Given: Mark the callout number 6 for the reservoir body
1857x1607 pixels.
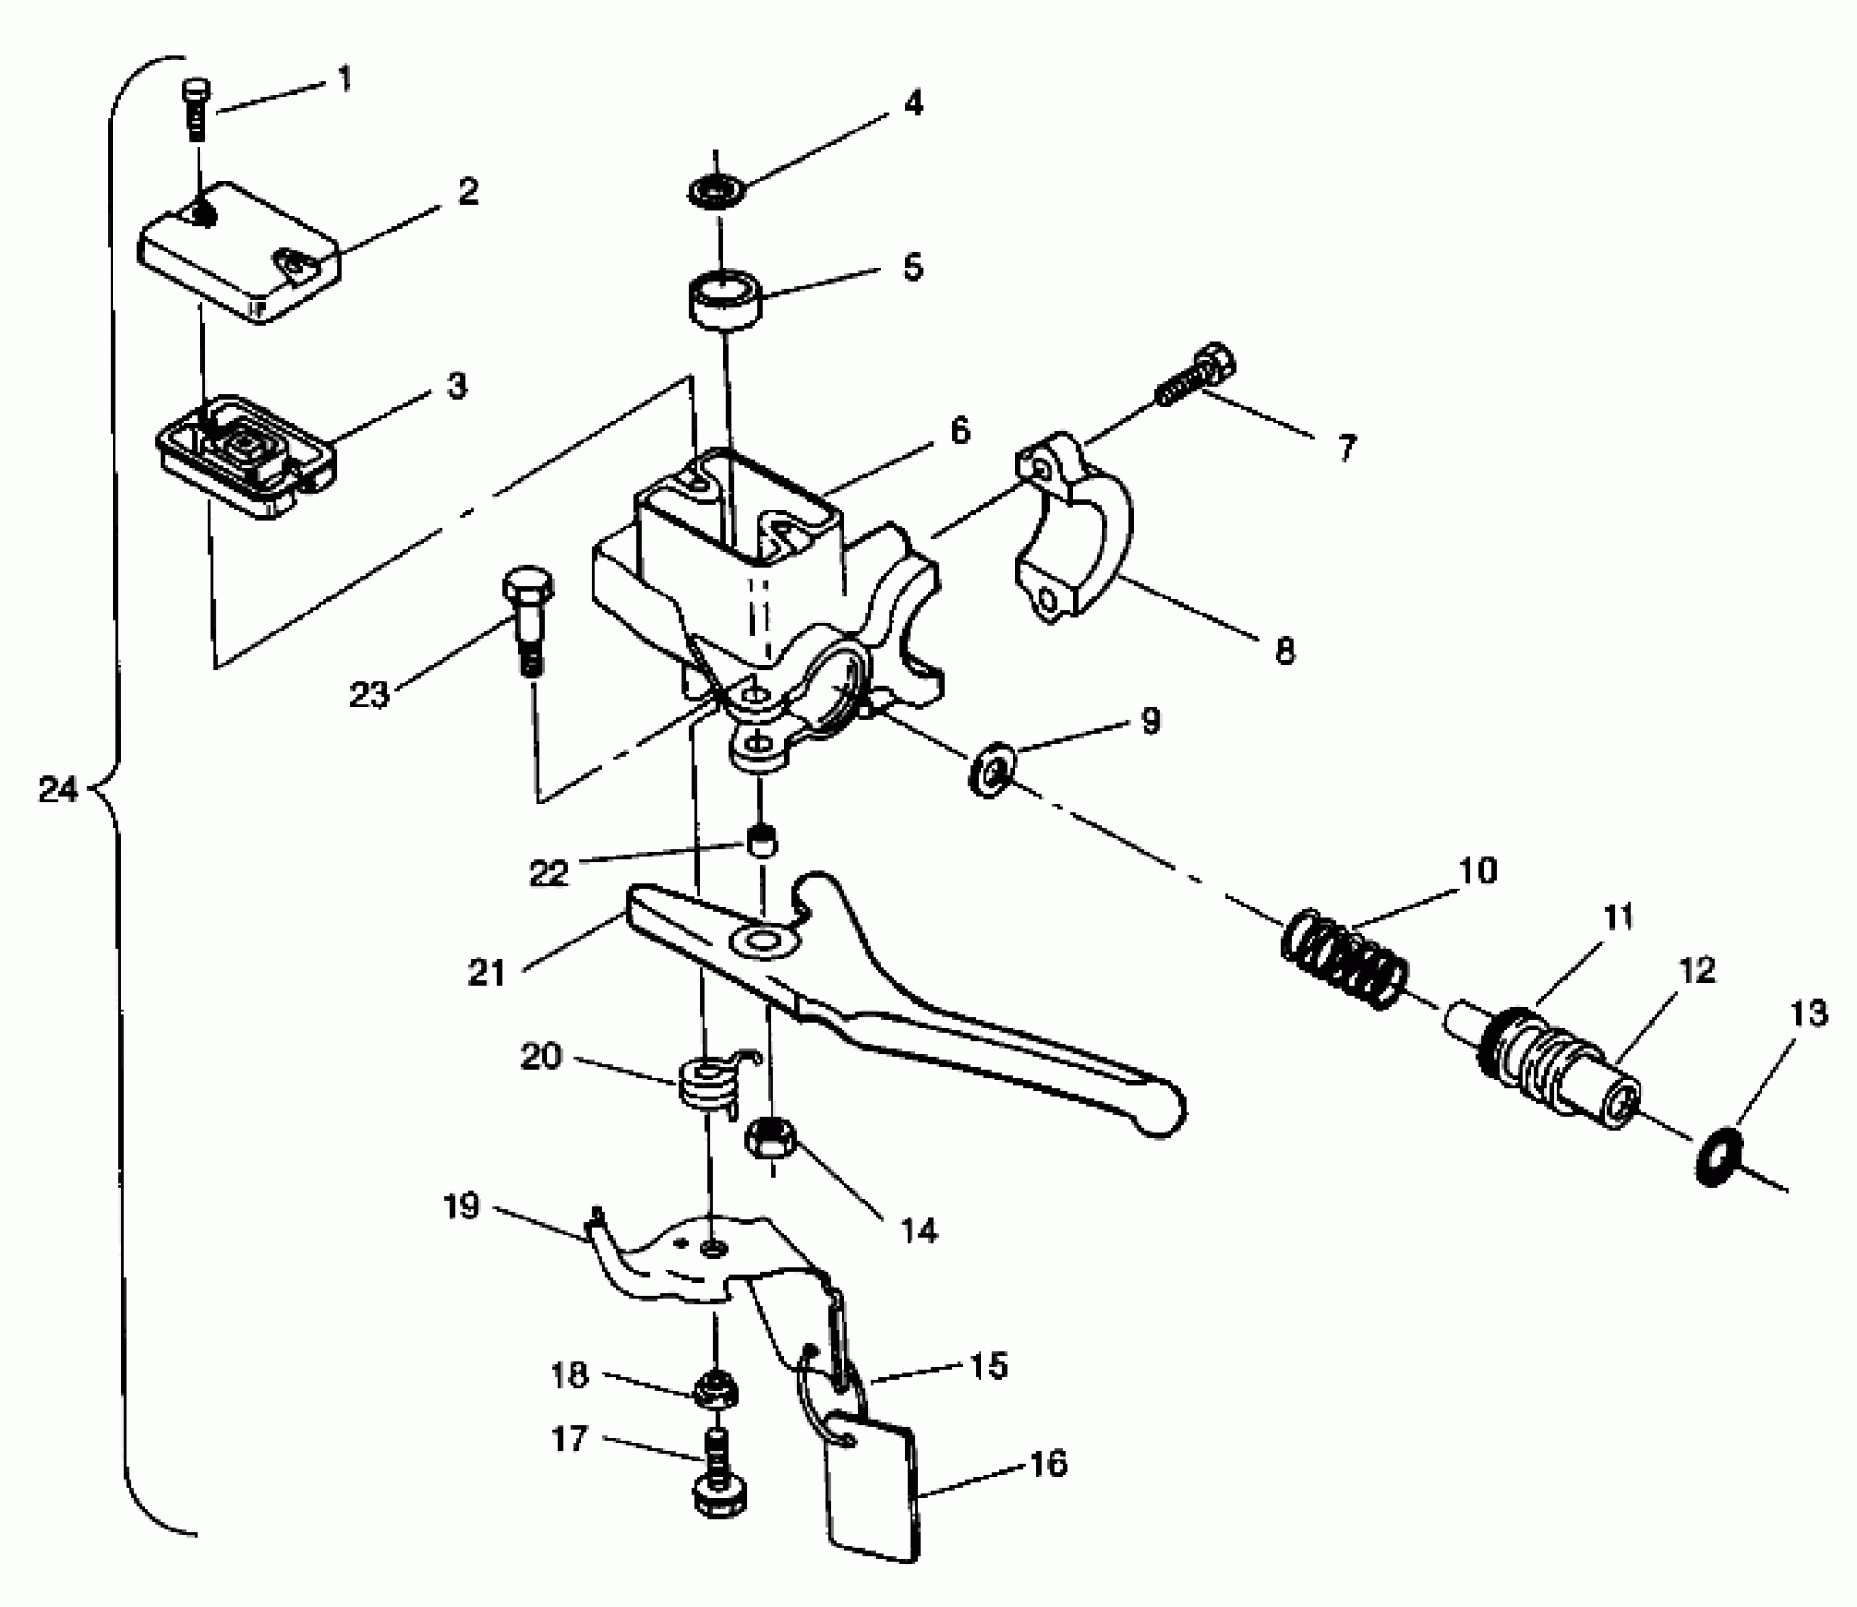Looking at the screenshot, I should (x=959, y=431).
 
